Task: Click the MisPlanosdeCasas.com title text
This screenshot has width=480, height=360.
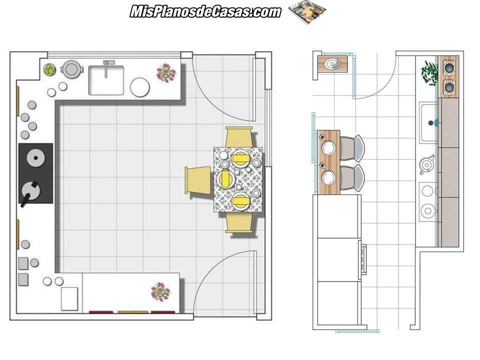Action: click(x=205, y=11)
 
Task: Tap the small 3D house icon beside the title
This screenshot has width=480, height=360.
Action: click(x=307, y=11)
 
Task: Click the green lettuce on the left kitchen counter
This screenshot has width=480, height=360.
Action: click(x=49, y=69)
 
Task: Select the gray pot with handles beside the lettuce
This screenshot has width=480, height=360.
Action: click(x=71, y=68)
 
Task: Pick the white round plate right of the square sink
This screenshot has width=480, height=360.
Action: click(x=140, y=87)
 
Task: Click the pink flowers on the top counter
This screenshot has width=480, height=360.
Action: click(x=166, y=72)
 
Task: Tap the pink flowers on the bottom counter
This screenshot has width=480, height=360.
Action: click(x=160, y=291)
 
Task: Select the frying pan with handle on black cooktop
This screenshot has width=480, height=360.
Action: click(x=30, y=192)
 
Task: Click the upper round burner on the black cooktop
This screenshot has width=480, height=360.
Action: click(x=36, y=158)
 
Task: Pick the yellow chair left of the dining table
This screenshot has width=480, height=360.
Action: click(x=198, y=180)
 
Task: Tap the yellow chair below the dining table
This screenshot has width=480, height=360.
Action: click(x=239, y=222)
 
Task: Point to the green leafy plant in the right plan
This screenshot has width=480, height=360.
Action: click(x=430, y=73)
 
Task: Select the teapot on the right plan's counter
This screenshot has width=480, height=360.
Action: click(x=426, y=164)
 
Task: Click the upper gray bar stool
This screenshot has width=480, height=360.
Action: click(x=351, y=148)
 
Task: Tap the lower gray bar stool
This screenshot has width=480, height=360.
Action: click(x=351, y=178)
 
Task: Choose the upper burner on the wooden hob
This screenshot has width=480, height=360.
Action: click(x=449, y=67)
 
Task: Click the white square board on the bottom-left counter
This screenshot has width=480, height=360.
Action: click(x=69, y=299)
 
